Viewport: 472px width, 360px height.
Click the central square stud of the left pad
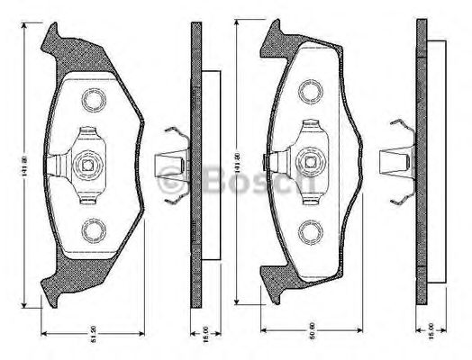coord(88,164)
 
